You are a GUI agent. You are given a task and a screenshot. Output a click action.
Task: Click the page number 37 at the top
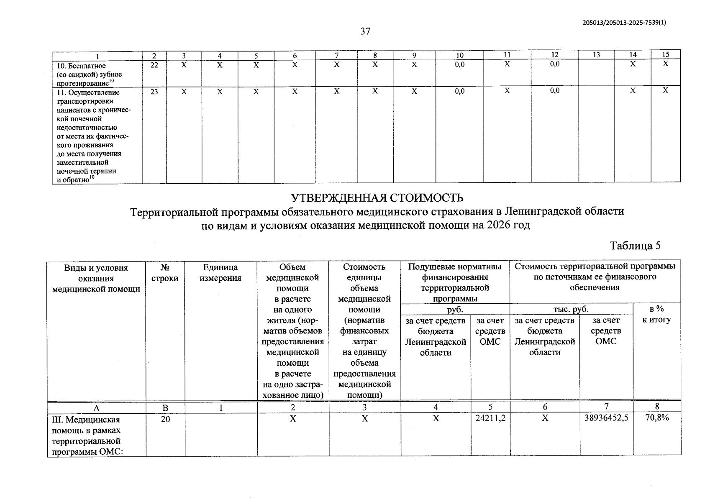click(365, 31)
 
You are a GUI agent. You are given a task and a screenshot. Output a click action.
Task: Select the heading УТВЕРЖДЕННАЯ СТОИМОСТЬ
click(377, 197)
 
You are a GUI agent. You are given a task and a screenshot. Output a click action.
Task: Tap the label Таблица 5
click(635, 245)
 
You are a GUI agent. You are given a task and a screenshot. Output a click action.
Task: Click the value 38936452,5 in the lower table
click(606, 418)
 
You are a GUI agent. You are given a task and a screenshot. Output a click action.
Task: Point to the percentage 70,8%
click(657, 417)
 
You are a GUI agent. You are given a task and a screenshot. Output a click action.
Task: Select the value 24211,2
click(490, 418)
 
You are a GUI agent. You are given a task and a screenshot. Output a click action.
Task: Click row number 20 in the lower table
click(165, 419)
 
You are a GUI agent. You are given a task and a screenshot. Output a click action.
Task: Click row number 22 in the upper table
click(154, 65)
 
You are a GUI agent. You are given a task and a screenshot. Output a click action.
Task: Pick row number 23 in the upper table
click(154, 92)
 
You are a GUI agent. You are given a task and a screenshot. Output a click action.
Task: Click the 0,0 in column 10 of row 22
click(459, 65)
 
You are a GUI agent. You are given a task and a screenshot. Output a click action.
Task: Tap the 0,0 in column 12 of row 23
click(554, 91)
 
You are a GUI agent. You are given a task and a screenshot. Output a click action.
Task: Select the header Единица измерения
click(220, 273)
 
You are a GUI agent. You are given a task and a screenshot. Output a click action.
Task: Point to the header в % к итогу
click(656, 315)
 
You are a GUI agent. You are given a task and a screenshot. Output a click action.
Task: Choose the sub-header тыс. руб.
click(571, 309)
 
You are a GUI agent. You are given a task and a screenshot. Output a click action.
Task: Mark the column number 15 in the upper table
click(666, 54)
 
